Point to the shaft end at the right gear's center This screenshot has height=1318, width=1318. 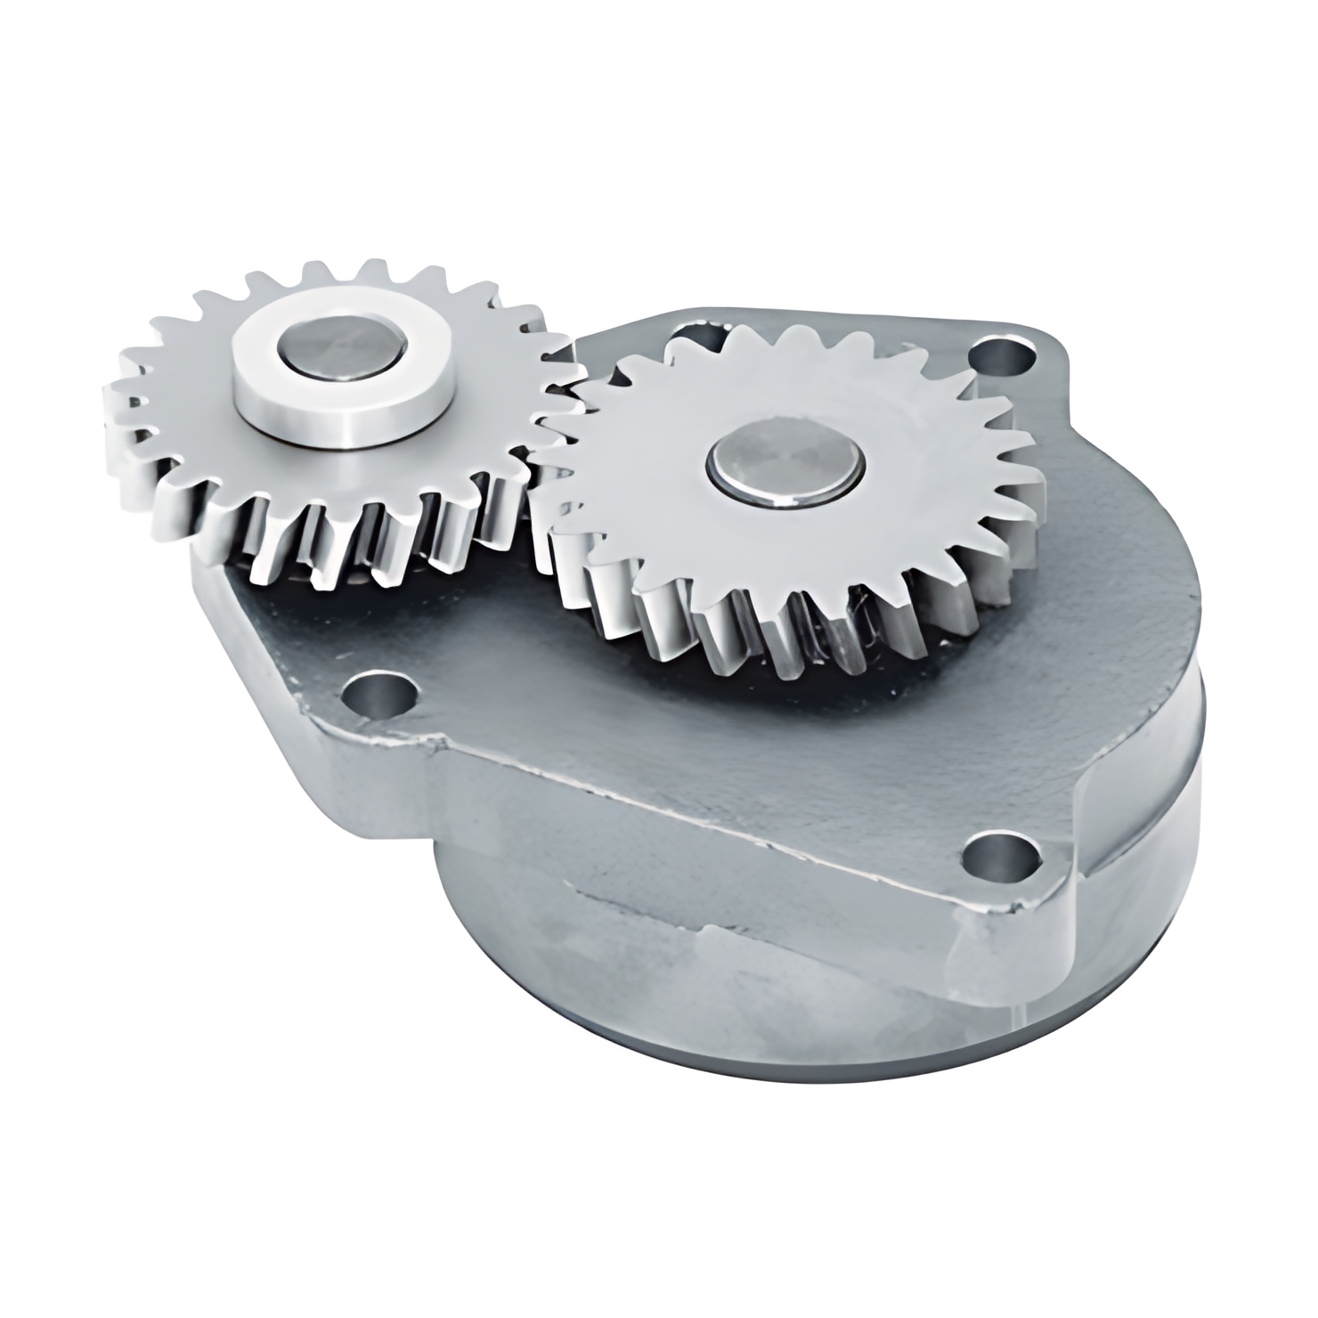click(787, 467)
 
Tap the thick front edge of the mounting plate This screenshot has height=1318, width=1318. click(712, 801)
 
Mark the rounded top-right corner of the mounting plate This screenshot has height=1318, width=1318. click(1051, 356)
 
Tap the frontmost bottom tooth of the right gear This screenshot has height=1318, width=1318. click(757, 655)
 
